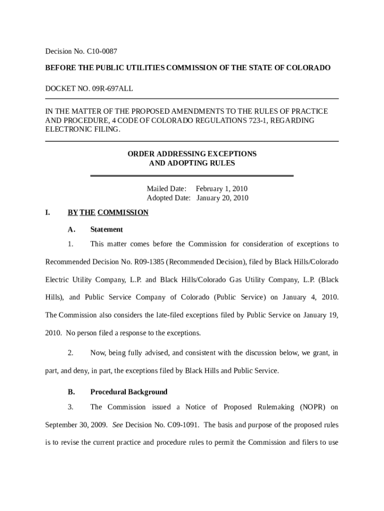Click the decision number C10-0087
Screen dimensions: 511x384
click(x=103, y=51)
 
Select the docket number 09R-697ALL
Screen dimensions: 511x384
click(x=111, y=89)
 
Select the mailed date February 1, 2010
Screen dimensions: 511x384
click(x=221, y=189)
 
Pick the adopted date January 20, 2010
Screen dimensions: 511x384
click(x=222, y=198)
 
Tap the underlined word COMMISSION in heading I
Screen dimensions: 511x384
click(x=123, y=213)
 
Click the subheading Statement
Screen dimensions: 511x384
click(x=106, y=230)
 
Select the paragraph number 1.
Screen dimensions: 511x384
click(x=70, y=244)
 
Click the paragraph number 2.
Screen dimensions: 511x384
click(x=70, y=353)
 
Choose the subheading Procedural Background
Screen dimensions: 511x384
click(x=129, y=392)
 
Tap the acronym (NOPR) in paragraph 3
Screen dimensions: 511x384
click(x=312, y=407)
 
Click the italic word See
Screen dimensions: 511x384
click(x=118, y=425)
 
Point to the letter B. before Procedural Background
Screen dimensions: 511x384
click(x=71, y=392)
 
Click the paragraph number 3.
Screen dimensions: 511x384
click(x=70, y=407)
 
